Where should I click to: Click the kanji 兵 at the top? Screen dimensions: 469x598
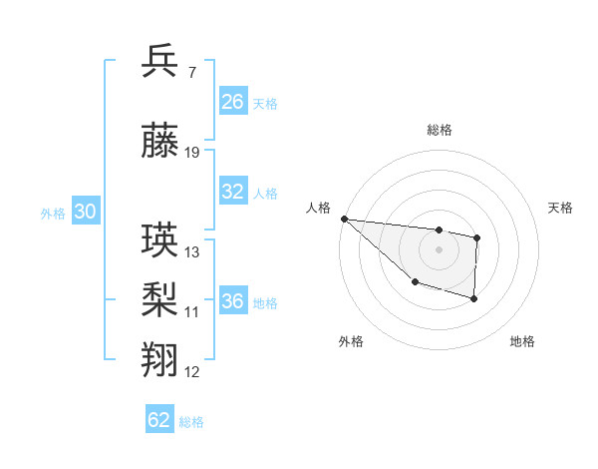[x=160, y=62]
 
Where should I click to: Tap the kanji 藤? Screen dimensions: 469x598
[x=160, y=144]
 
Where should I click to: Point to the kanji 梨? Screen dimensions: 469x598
[x=160, y=299]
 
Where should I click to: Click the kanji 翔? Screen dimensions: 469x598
[x=160, y=358]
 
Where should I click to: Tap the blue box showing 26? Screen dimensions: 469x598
[x=232, y=102]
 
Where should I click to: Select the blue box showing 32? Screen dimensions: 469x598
[x=232, y=192]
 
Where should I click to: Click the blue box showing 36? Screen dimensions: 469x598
[x=232, y=302]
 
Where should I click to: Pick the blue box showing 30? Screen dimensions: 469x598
[x=85, y=213]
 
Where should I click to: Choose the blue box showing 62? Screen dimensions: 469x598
[x=159, y=420]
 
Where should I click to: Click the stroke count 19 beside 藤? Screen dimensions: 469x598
[x=192, y=152]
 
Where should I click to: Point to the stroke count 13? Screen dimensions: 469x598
[x=192, y=251]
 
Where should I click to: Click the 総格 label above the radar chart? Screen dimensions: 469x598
[x=440, y=130]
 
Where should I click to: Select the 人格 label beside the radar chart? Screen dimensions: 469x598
[x=319, y=208]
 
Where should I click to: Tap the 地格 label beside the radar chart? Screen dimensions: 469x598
[x=522, y=341]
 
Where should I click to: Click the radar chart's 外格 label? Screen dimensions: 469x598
[x=351, y=341]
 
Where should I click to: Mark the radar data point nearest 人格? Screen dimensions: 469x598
[x=344, y=219]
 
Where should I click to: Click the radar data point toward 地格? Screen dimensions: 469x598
[x=474, y=298]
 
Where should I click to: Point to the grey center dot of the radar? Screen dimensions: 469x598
[x=439, y=249]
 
